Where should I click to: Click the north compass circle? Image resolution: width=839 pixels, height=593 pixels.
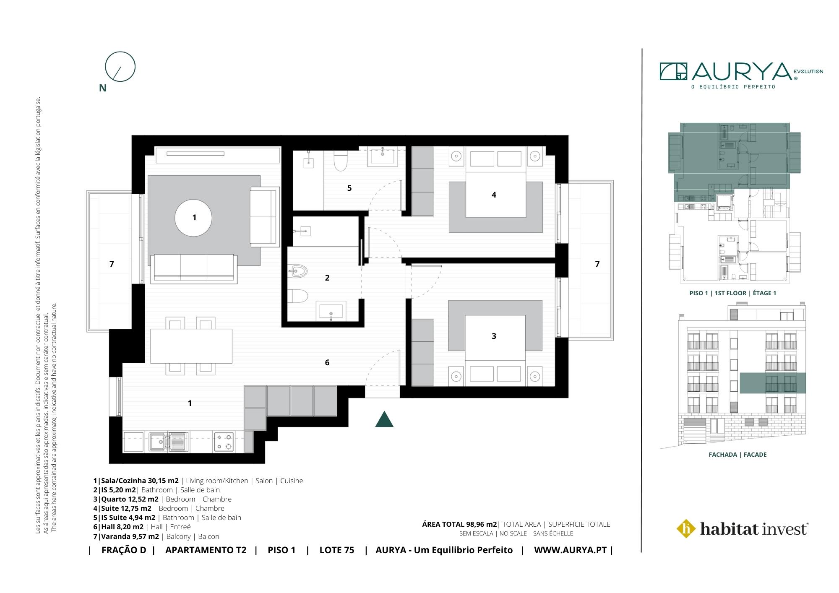tap(105, 67)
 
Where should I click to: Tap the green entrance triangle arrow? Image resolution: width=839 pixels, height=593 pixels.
tap(384, 419)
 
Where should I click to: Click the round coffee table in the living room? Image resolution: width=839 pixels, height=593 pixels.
tap(193, 218)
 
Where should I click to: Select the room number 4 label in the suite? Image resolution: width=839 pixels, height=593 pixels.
tap(494, 195)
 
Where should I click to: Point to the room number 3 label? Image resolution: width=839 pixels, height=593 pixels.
tap(494, 336)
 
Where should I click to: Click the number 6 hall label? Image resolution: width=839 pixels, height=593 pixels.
tap(327, 362)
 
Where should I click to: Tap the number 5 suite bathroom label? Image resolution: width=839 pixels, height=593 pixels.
tap(349, 188)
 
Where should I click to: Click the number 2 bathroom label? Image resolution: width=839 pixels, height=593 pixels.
tap(327, 278)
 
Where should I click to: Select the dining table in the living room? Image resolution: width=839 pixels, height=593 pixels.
tap(191, 346)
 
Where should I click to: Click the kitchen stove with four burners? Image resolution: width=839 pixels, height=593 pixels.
tap(224, 442)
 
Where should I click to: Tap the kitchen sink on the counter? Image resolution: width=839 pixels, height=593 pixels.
tap(159, 442)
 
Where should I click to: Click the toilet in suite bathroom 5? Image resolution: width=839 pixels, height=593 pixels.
tap(340, 161)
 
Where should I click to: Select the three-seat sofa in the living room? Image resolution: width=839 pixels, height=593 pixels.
tap(193, 268)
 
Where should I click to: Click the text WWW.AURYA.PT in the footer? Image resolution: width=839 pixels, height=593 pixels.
tap(571, 550)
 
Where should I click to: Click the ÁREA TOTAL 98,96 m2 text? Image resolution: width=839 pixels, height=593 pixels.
tap(459, 524)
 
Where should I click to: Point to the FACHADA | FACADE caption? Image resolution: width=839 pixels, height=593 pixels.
tap(737, 455)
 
